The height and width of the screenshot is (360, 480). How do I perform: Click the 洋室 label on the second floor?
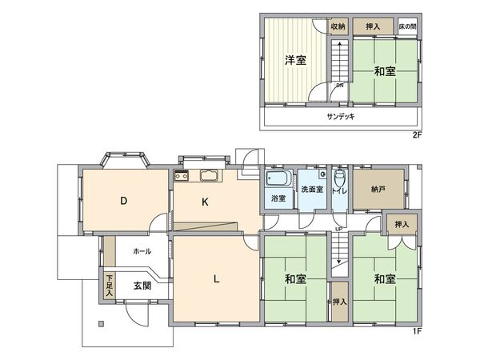click(x=297, y=61)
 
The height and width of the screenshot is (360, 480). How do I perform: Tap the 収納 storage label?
click(x=338, y=26)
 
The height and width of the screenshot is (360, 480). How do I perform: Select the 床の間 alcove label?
click(x=407, y=26)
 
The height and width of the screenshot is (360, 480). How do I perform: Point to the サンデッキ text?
click(x=341, y=116)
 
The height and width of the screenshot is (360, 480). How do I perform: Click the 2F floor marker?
click(x=416, y=134)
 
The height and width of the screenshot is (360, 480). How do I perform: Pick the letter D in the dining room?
click(x=124, y=202)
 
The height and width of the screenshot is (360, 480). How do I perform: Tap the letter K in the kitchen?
click(x=205, y=202)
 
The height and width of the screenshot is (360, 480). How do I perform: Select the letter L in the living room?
click(x=216, y=279)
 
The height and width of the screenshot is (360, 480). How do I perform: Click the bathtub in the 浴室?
click(x=278, y=179)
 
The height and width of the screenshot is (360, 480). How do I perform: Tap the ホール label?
click(x=142, y=251)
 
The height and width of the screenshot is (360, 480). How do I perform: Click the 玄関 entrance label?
click(x=142, y=286)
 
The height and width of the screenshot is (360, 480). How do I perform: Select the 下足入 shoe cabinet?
click(x=109, y=286)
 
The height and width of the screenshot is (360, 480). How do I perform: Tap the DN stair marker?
click(x=339, y=86)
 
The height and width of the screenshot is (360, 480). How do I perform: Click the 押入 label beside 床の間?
click(x=373, y=26)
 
